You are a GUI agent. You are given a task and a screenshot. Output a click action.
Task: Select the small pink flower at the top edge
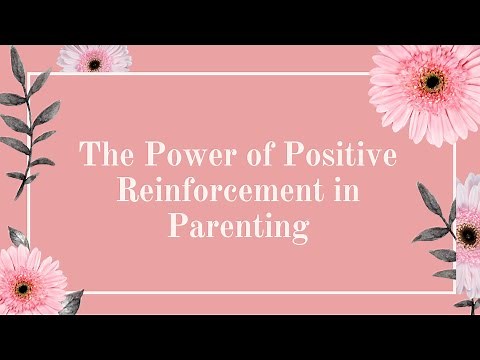[x=94, y=61]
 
